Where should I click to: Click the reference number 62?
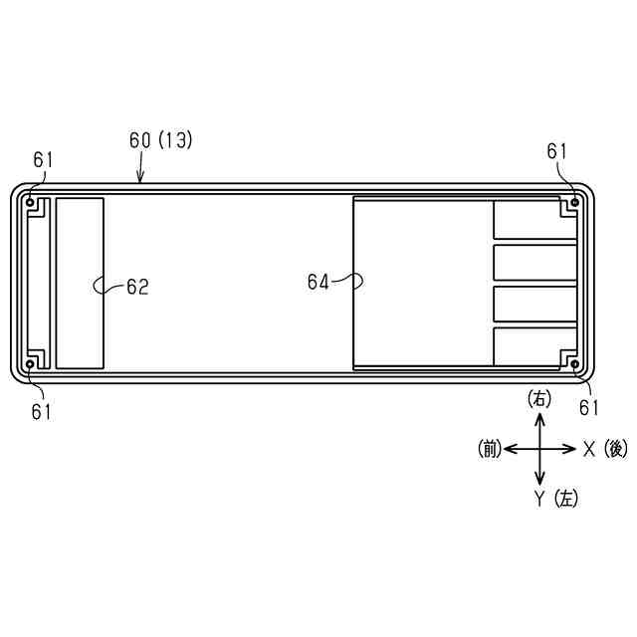[x=137, y=287]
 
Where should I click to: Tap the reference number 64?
[x=318, y=282]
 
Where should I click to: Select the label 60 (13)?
[x=160, y=140]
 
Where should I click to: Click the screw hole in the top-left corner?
[x=30, y=202]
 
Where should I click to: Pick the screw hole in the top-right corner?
[x=575, y=202]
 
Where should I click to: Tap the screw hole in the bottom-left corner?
[x=30, y=364]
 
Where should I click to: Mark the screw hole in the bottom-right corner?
[x=575, y=364]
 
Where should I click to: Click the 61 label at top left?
[x=43, y=160]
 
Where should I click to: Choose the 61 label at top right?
[x=556, y=151]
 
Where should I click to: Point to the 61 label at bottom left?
[x=42, y=412]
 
